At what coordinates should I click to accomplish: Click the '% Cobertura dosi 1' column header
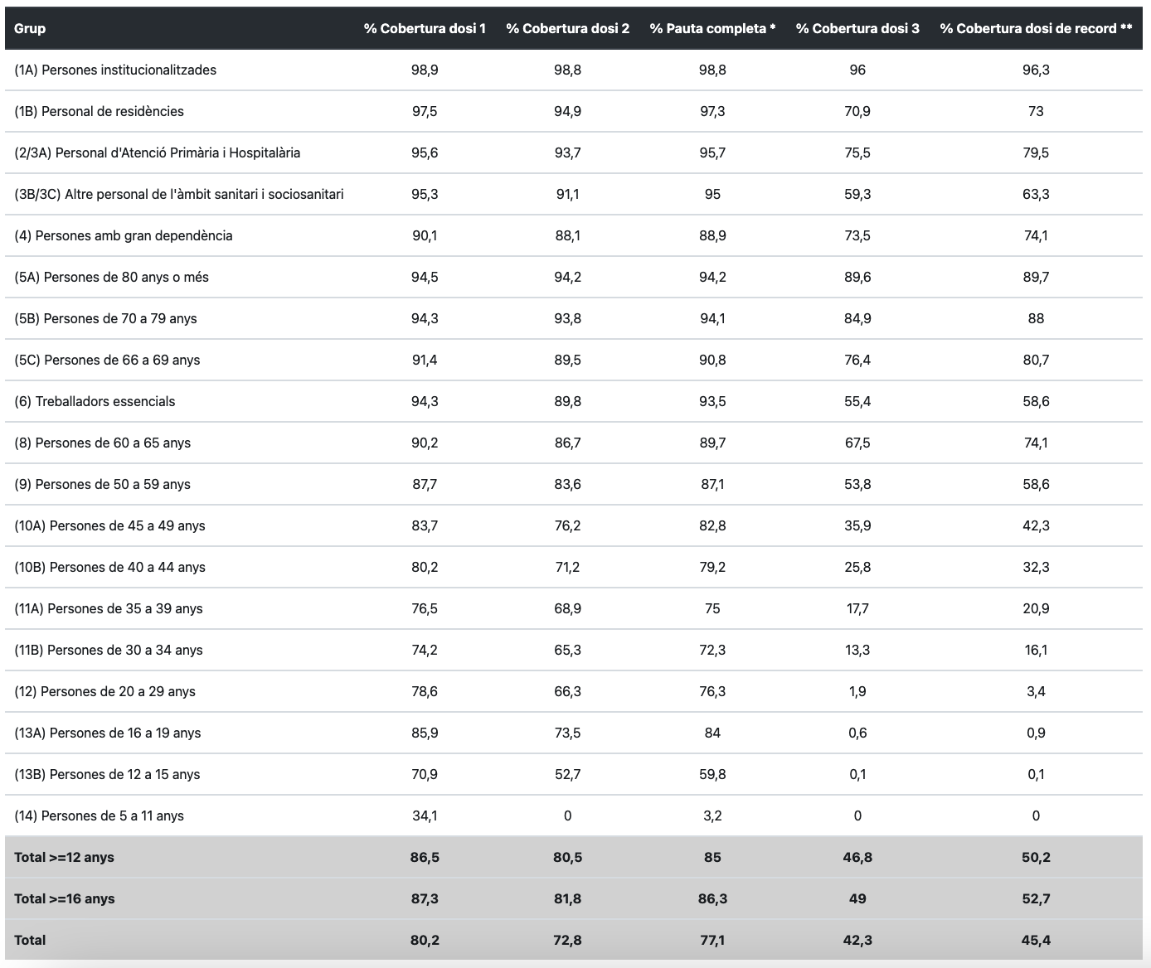(x=425, y=28)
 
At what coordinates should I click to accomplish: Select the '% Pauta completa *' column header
(x=712, y=28)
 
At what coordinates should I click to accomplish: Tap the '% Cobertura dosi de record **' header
(x=1036, y=28)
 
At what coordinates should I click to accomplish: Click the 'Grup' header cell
(x=30, y=28)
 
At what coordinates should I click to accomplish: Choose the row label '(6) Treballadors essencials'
(x=95, y=401)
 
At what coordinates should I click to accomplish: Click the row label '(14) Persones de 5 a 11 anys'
(x=99, y=816)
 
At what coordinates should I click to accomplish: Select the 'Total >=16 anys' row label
(x=65, y=898)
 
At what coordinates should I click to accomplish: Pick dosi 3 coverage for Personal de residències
(x=857, y=111)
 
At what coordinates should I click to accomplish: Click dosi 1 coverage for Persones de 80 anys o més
(x=425, y=277)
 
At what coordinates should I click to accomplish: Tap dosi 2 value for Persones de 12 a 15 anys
(x=567, y=774)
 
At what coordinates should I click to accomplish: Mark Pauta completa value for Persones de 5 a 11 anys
(x=712, y=816)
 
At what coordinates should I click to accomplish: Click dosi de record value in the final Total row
(x=1036, y=940)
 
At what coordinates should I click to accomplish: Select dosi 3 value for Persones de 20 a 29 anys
(x=857, y=691)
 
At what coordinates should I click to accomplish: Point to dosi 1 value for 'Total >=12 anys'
(x=425, y=857)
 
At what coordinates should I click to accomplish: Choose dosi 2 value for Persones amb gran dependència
(x=567, y=235)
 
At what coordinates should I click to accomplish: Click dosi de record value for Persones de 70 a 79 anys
(x=1036, y=318)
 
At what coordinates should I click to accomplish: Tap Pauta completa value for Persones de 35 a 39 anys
(x=712, y=608)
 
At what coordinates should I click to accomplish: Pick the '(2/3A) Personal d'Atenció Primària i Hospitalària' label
(x=158, y=152)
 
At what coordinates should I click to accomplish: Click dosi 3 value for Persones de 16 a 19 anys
(x=857, y=733)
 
